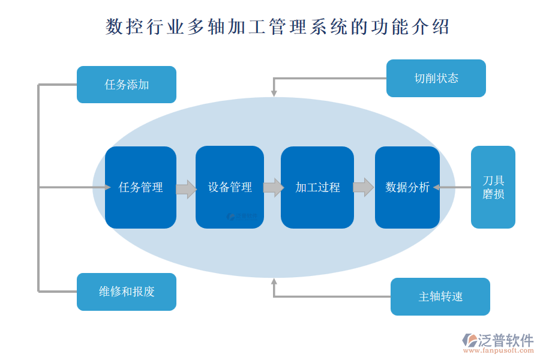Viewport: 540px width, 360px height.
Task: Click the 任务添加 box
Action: pyautogui.click(x=126, y=85)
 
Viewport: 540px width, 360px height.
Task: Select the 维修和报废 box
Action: pyautogui.click(x=126, y=292)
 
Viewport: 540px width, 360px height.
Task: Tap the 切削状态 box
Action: pyautogui.click(x=436, y=78)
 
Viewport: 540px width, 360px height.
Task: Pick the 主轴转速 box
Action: pyautogui.click(x=440, y=296)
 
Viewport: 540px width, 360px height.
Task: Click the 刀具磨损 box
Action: pyautogui.click(x=493, y=187)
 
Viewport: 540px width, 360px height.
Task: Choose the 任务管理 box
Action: pyautogui.click(x=140, y=187)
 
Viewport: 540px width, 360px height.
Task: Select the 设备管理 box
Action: pyautogui.click(x=229, y=187)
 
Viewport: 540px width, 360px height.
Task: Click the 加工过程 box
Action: pyautogui.click(x=317, y=187)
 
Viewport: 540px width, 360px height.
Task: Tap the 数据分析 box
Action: pyautogui.click(x=407, y=187)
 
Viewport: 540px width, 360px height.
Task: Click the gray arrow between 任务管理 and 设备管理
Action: pyautogui.click(x=186, y=189)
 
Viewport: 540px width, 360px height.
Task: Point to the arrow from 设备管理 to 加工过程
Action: pyautogui.click(x=273, y=187)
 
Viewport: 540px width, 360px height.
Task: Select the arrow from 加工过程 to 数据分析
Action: pyautogui.click(x=363, y=187)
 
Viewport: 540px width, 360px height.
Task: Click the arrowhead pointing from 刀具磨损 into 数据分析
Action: pyautogui.click(x=436, y=187)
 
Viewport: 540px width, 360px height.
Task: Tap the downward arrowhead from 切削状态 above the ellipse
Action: pyautogui.click(x=274, y=92)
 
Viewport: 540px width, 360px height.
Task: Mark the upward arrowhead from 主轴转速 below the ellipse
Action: pyautogui.click(x=274, y=282)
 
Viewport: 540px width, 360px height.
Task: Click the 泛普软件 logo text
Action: pyautogui.click(x=505, y=340)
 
